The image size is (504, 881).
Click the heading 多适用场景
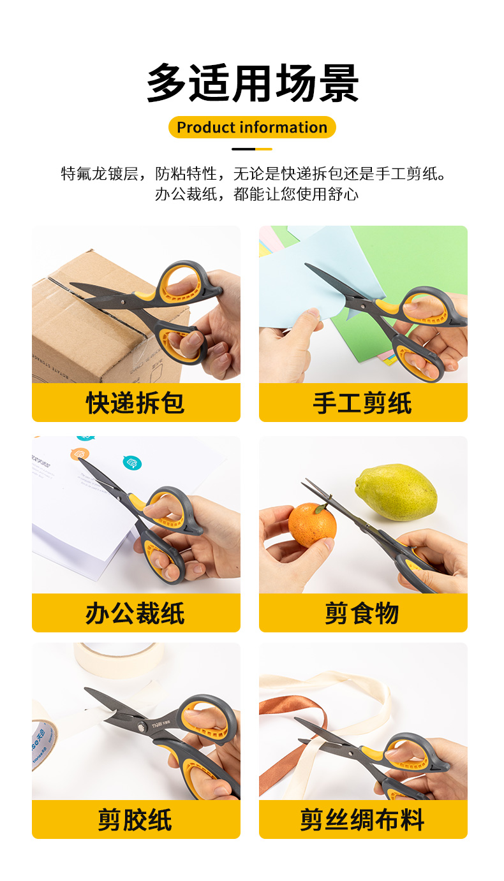click(x=253, y=83)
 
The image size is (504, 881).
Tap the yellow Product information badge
click(x=252, y=127)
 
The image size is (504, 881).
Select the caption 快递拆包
click(x=135, y=403)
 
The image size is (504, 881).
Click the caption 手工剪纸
click(x=362, y=403)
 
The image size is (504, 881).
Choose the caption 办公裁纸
click(x=135, y=613)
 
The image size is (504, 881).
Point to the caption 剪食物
click(x=362, y=613)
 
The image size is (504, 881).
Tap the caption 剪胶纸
click(x=135, y=820)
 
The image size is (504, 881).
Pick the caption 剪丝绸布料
click(x=362, y=820)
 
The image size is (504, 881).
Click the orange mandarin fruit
click(x=312, y=525)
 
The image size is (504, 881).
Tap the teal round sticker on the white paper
click(x=132, y=463)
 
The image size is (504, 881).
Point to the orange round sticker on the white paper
click(x=80, y=454)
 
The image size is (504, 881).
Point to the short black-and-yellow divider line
click(x=252, y=149)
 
